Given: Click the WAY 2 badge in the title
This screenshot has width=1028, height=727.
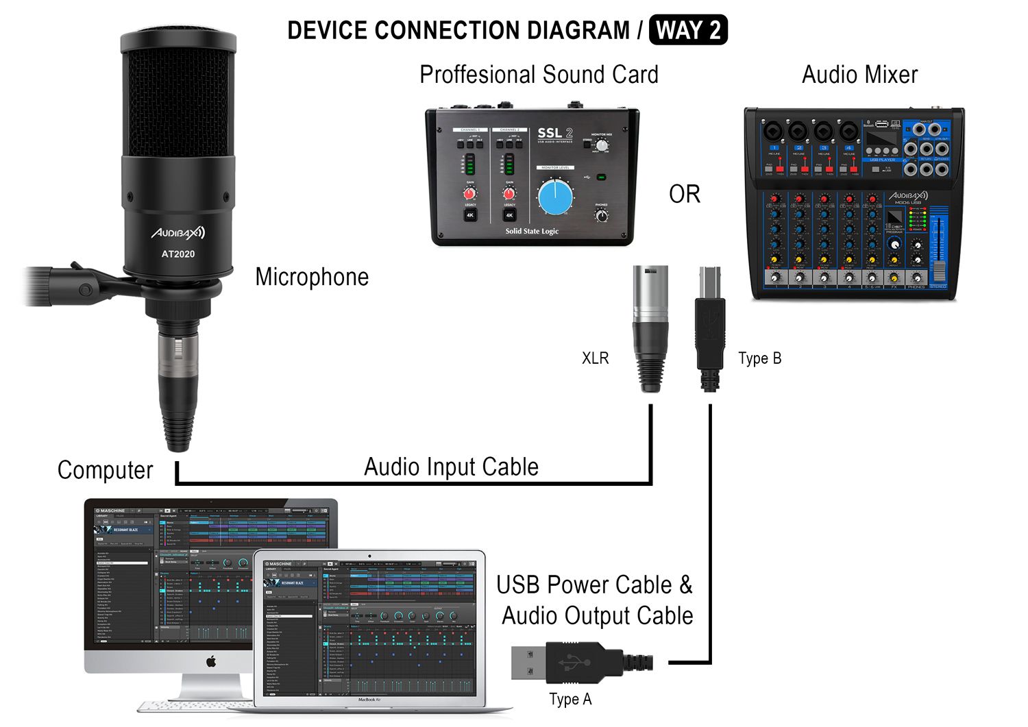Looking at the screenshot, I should click(687, 31).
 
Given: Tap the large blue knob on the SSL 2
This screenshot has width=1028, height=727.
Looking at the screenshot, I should click(555, 197).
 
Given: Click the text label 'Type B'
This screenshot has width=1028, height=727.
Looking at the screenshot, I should click(759, 358).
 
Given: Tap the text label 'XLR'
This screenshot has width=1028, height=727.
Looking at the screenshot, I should click(595, 358).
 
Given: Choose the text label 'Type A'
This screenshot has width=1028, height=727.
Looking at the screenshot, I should click(570, 700).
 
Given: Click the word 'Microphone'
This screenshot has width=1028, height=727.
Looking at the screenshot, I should click(312, 277).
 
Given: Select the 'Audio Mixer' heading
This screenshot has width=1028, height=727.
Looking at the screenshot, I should click(859, 75).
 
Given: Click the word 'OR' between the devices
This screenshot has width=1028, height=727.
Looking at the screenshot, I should click(684, 195).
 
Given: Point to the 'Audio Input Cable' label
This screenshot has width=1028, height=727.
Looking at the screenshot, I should click(451, 467).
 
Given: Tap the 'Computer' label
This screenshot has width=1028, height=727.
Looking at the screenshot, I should click(105, 470).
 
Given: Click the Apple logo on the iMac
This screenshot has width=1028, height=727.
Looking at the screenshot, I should click(211, 661).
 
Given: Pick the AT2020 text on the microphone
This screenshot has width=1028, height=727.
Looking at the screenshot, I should click(178, 254).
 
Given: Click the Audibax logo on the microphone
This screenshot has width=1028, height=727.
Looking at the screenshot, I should click(178, 233).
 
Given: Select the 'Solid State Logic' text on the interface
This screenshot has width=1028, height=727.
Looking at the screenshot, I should click(532, 231).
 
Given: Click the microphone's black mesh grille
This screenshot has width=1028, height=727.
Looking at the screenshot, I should click(178, 103).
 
